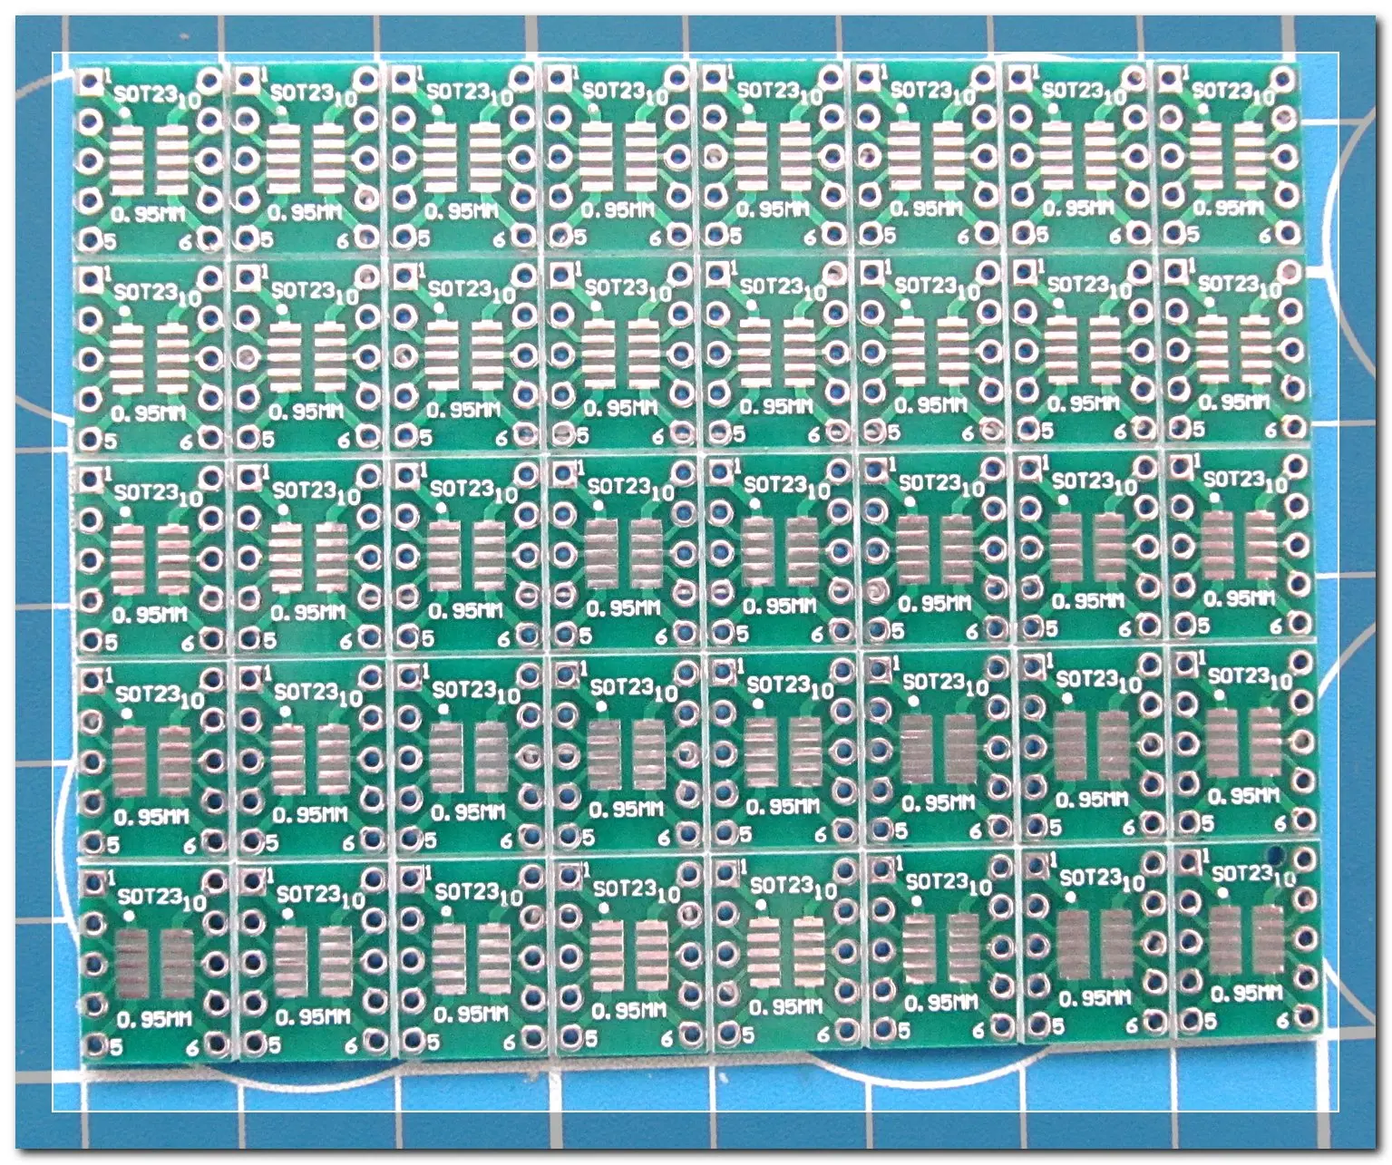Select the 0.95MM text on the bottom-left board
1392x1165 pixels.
pos(154,1019)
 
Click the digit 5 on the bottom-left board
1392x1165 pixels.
pos(114,1047)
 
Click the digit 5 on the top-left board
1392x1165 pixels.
pos(111,241)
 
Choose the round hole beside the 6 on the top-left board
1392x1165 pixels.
pos(210,239)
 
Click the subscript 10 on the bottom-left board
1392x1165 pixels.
pos(194,903)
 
